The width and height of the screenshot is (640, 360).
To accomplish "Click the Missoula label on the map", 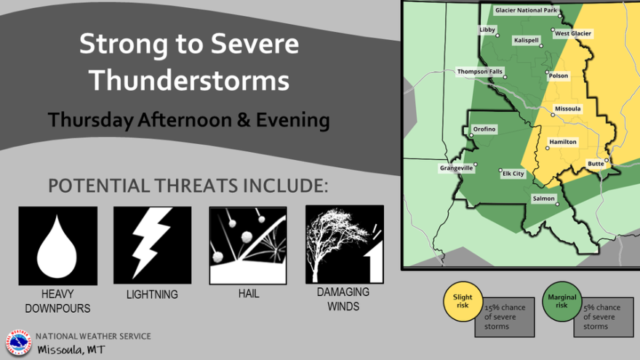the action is (568, 108).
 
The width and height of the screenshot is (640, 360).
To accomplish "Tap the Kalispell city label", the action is (527, 40).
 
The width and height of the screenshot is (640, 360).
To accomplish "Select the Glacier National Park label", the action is (526, 10).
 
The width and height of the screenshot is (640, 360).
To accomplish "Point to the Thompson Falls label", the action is (479, 71).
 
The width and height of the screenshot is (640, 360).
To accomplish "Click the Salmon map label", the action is (544, 199).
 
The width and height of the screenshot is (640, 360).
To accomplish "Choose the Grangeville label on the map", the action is (456, 168).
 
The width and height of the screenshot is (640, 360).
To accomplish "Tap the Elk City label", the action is (513, 174).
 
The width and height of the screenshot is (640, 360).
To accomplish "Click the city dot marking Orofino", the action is (471, 135).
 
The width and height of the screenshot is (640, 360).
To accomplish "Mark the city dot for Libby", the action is (497, 36).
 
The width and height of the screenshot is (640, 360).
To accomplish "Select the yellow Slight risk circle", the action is (463, 301).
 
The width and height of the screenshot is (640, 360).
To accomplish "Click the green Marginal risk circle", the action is (561, 301).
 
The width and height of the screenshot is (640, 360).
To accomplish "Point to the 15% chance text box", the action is (505, 317).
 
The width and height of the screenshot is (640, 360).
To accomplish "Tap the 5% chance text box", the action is (603, 317).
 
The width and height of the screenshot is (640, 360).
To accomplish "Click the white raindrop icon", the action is (57, 246).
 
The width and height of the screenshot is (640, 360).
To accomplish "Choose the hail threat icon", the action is (248, 245).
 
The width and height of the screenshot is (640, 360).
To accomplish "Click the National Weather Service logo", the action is (18, 343).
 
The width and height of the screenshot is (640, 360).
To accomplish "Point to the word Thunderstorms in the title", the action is (189, 80).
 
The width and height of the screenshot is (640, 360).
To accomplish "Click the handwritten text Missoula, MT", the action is (71, 350).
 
